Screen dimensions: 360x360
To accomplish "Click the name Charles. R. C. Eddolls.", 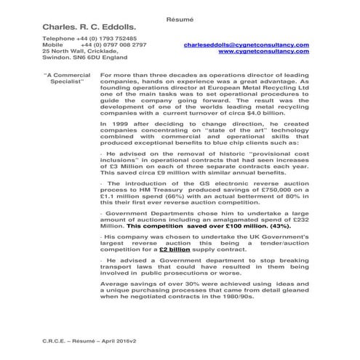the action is (89, 27).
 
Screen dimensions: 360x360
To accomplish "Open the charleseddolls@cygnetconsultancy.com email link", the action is (247, 45).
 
